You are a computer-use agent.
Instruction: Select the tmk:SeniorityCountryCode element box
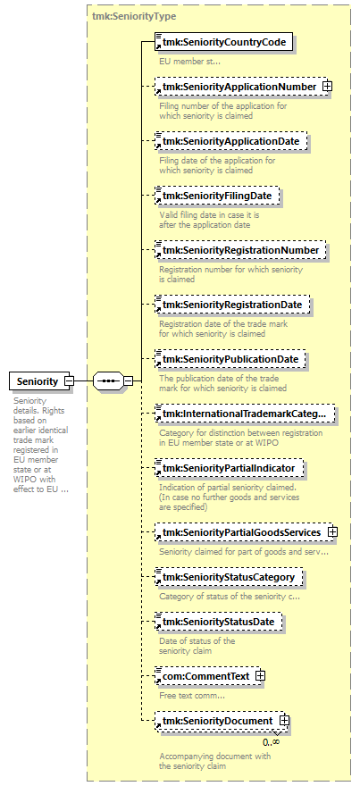click(223, 42)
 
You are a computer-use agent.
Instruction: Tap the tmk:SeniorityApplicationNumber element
click(239, 87)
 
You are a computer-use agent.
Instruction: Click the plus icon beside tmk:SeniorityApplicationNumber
click(327, 87)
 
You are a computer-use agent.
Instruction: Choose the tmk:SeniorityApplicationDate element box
click(230, 141)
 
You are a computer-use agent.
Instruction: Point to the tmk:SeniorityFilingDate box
click(217, 196)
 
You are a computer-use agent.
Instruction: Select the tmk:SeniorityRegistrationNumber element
click(240, 250)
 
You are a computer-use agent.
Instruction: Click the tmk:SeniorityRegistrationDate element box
click(232, 305)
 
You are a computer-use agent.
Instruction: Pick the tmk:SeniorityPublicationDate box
click(230, 359)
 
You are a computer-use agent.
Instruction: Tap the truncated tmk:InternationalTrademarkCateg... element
click(245, 414)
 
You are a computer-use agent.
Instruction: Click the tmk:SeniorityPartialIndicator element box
click(230, 468)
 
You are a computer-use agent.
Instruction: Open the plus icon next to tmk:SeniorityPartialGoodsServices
click(332, 531)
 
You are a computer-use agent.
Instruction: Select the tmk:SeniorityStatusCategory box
click(229, 577)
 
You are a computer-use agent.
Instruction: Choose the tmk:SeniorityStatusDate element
click(218, 622)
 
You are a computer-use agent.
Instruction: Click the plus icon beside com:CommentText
click(260, 676)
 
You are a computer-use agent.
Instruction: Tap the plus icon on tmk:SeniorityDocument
click(284, 720)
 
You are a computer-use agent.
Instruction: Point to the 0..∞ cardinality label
click(271, 741)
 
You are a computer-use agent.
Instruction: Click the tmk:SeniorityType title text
click(134, 16)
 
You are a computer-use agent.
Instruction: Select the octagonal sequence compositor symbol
click(108, 381)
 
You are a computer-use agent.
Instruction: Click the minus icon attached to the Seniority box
click(70, 381)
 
